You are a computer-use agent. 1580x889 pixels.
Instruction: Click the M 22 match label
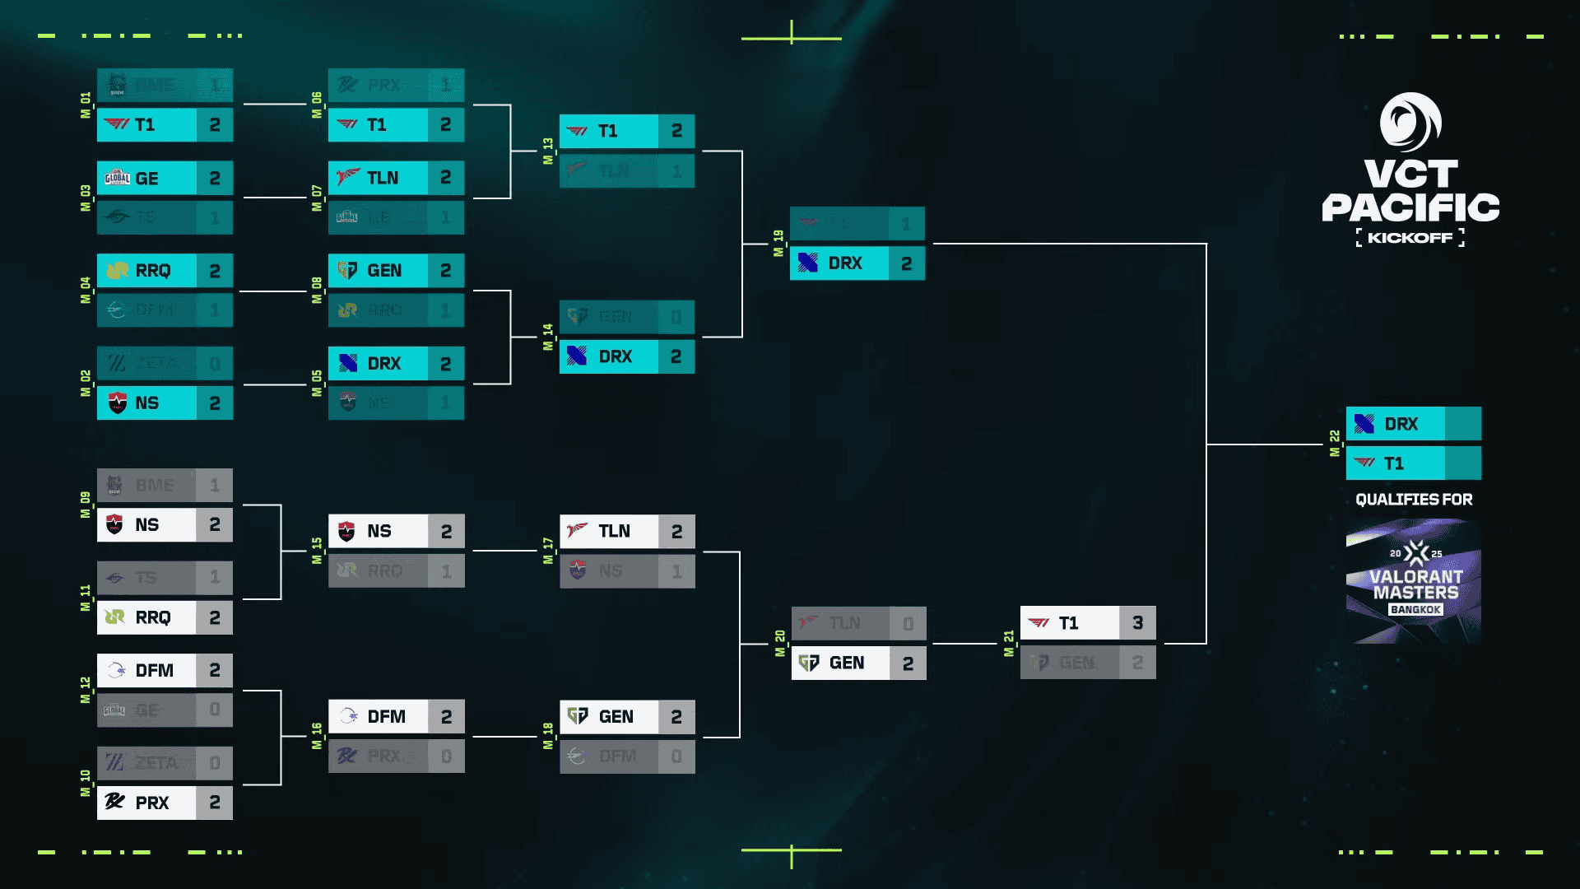[1334, 444]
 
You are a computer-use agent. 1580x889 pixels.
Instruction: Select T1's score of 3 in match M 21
[1137, 623]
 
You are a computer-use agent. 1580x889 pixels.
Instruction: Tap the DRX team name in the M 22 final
[1401, 424]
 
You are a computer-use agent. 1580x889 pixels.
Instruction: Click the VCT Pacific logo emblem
[1410, 122]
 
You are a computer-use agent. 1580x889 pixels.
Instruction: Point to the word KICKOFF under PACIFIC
[1410, 238]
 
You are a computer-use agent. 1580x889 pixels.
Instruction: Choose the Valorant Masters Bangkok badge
[1414, 581]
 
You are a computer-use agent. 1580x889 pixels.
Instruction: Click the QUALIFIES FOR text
[1414, 500]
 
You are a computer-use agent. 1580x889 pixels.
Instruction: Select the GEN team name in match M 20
[847, 663]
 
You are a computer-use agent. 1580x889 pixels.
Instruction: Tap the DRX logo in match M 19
[808, 263]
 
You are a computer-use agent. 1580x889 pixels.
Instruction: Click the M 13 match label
[548, 151]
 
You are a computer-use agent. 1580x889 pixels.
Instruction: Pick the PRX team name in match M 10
[152, 803]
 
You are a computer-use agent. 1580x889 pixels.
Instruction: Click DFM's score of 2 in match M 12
[215, 670]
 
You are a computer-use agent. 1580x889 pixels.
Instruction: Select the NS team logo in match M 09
[115, 524]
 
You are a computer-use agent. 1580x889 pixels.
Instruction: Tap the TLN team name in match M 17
[614, 531]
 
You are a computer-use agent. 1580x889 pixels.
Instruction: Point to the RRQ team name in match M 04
[153, 271]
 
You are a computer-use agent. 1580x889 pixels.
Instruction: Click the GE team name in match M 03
[147, 179]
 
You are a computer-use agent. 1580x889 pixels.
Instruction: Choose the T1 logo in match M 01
[117, 124]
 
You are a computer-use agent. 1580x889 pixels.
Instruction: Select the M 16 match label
[317, 736]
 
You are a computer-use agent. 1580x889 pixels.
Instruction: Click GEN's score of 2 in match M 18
[676, 717]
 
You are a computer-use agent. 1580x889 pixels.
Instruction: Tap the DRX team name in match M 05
[383, 364]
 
